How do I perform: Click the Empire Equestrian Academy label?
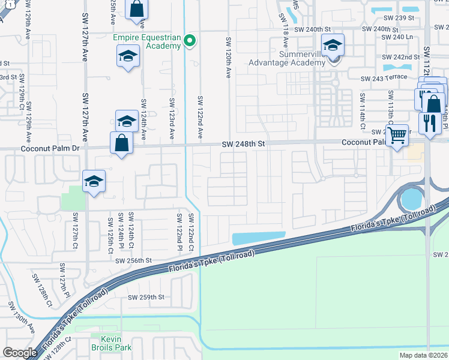pyautogui.click(x=147, y=41)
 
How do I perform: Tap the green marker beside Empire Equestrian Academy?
pyautogui.click(x=190, y=41)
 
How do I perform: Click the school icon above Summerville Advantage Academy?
pyautogui.click(x=333, y=45)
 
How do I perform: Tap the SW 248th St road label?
pyautogui.click(x=243, y=145)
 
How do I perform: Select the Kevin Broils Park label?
pyautogui.click(x=111, y=343)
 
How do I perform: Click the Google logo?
pyautogui.click(x=20, y=353)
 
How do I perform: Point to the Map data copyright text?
pyautogui.click(x=423, y=355)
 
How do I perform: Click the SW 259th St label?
pyautogui.click(x=146, y=297)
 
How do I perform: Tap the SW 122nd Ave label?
pyautogui.click(x=200, y=119)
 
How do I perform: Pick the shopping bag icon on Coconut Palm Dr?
pyautogui.click(x=121, y=143)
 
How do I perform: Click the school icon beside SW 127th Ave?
pyautogui.click(x=94, y=182)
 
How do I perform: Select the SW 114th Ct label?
pyautogui.click(x=363, y=111)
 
